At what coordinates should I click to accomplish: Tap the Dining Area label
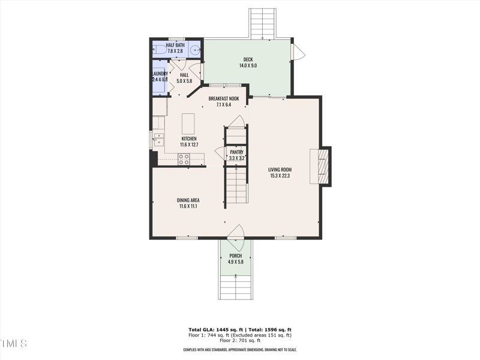(188, 203)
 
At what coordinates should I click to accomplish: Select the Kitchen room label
(188, 141)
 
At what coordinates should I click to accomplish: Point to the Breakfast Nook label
(224, 101)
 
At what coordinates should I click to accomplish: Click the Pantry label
(236, 155)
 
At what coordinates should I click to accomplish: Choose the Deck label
(248, 62)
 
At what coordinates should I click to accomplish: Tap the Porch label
(235, 259)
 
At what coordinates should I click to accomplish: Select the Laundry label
(160, 76)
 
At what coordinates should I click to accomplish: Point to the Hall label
(184, 78)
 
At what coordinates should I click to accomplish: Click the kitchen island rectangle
(188, 124)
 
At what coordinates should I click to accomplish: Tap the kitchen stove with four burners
(184, 159)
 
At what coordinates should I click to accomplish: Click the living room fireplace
(323, 166)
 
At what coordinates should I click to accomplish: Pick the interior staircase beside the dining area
(236, 186)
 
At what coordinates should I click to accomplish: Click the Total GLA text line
(240, 330)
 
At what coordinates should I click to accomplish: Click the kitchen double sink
(158, 140)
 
